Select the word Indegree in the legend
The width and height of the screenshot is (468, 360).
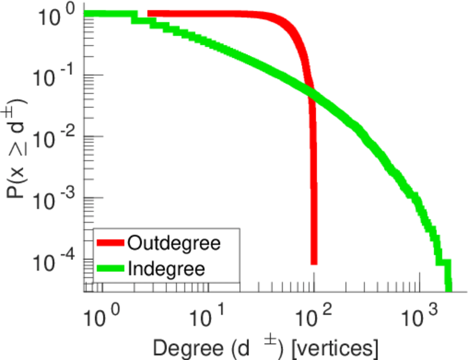tap(166, 268)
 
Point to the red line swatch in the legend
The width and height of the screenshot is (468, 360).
tap(111, 243)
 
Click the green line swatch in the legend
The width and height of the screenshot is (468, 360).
tap(111, 268)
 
